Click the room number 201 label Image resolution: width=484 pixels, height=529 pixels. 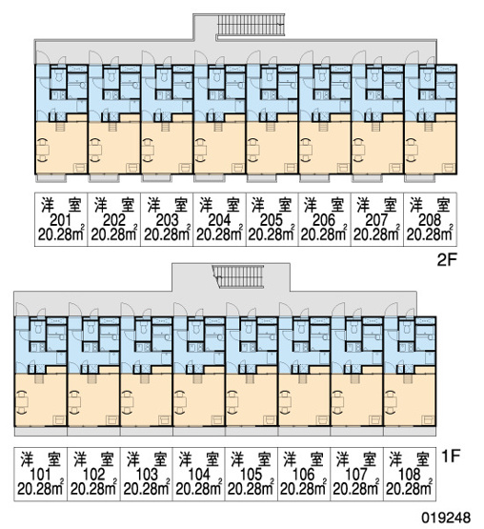coord(61,220)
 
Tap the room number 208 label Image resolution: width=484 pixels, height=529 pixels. coord(430,220)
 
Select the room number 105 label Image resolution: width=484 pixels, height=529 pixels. coord(252,475)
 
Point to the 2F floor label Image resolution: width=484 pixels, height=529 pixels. coord(447,260)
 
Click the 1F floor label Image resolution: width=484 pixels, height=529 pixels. coord(451,457)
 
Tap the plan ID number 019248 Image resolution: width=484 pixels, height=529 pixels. coord(446,518)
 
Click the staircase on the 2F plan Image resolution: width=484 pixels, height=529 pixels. coord(251,25)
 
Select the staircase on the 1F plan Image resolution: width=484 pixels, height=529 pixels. coord(238,276)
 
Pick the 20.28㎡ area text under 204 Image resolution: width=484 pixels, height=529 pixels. coord(219,234)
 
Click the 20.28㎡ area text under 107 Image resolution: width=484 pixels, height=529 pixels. coord(355,489)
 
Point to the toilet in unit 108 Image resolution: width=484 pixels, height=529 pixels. coord(404,329)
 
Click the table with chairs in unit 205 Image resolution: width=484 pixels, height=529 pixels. coord(253,150)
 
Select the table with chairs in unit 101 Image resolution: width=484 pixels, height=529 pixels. coord(21,402)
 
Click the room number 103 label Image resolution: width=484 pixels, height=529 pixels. coord(147,475)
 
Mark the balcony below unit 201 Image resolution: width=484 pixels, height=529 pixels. coord(51,178)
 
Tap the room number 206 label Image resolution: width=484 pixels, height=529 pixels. coord(324,220)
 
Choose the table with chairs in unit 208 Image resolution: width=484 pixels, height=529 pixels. coord(412,150)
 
